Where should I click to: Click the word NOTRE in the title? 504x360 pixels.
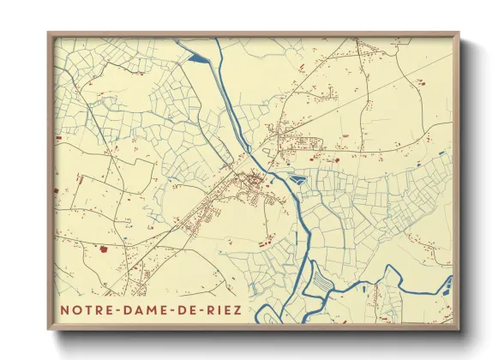[84, 309]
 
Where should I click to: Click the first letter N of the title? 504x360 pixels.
[64, 309]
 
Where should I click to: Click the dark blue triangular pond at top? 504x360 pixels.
[197, 57]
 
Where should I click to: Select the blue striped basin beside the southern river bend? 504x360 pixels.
[319, 279]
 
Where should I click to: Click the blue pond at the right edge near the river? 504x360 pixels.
[446, 282]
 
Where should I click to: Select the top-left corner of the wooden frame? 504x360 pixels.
[49, 34]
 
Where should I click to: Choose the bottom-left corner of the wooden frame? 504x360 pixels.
[49, 328]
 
